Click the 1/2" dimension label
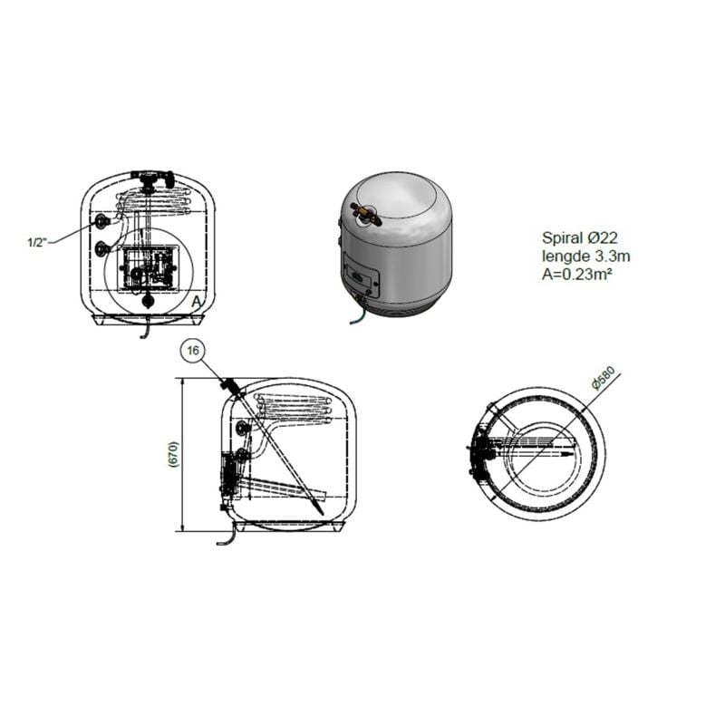pos(37,242)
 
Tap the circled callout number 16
pos(193,351)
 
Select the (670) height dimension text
pos(174,455)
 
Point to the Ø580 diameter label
pos(604,378)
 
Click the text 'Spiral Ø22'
pos(579,237)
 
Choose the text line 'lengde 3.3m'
pos(585,256)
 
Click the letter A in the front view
pos(197,302)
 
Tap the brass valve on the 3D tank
pos(366,215)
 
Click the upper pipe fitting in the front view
pos(101,221)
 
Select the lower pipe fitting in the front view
pos(101,248)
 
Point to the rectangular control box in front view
pos(148,268)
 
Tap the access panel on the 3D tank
pos(362,275)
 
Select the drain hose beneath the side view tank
pos(227,536)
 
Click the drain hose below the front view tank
pos(145,328)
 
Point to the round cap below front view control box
pos(148,301)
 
